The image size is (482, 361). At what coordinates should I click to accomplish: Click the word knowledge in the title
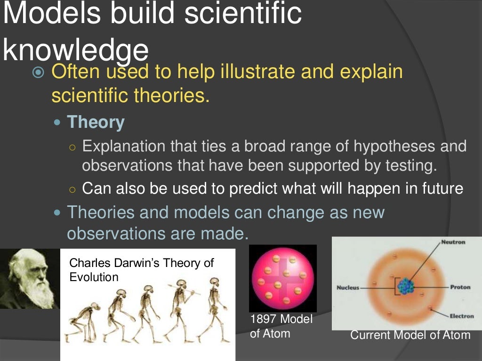[75, 51]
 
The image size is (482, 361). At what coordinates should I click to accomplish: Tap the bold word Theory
[96, 122]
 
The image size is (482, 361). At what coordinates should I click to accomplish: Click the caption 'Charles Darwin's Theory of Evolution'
[141, 269]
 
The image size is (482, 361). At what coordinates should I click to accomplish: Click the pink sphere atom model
[282, 279]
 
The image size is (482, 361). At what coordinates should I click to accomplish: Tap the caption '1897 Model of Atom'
[281, 326]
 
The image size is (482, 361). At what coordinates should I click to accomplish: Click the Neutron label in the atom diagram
[453, 242]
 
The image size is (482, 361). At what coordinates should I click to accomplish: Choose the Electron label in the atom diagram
[461, 316]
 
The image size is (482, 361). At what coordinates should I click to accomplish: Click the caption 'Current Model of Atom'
[410, 335]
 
